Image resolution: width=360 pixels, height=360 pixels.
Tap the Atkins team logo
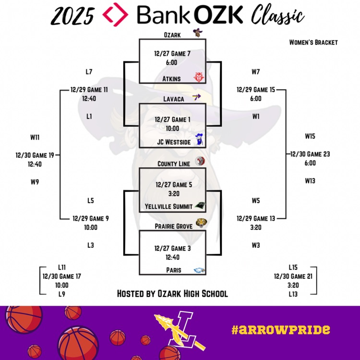[199, 77]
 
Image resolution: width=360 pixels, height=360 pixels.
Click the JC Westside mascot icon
[200, 140]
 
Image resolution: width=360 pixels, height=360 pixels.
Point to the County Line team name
[174, 164]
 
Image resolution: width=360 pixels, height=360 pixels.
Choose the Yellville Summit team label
[168, 206]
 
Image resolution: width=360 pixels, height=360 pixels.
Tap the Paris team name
[173, 270]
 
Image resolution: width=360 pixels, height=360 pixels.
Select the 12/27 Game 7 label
[173, 53]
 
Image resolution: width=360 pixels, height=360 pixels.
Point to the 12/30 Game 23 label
[310, 155]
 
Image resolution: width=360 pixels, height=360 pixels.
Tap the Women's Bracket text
[313, 42]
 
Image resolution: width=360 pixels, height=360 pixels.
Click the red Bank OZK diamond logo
[116, 14]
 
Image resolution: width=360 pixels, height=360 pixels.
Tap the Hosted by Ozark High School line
[172, 293]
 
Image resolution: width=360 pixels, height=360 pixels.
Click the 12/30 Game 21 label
[293, 276]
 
